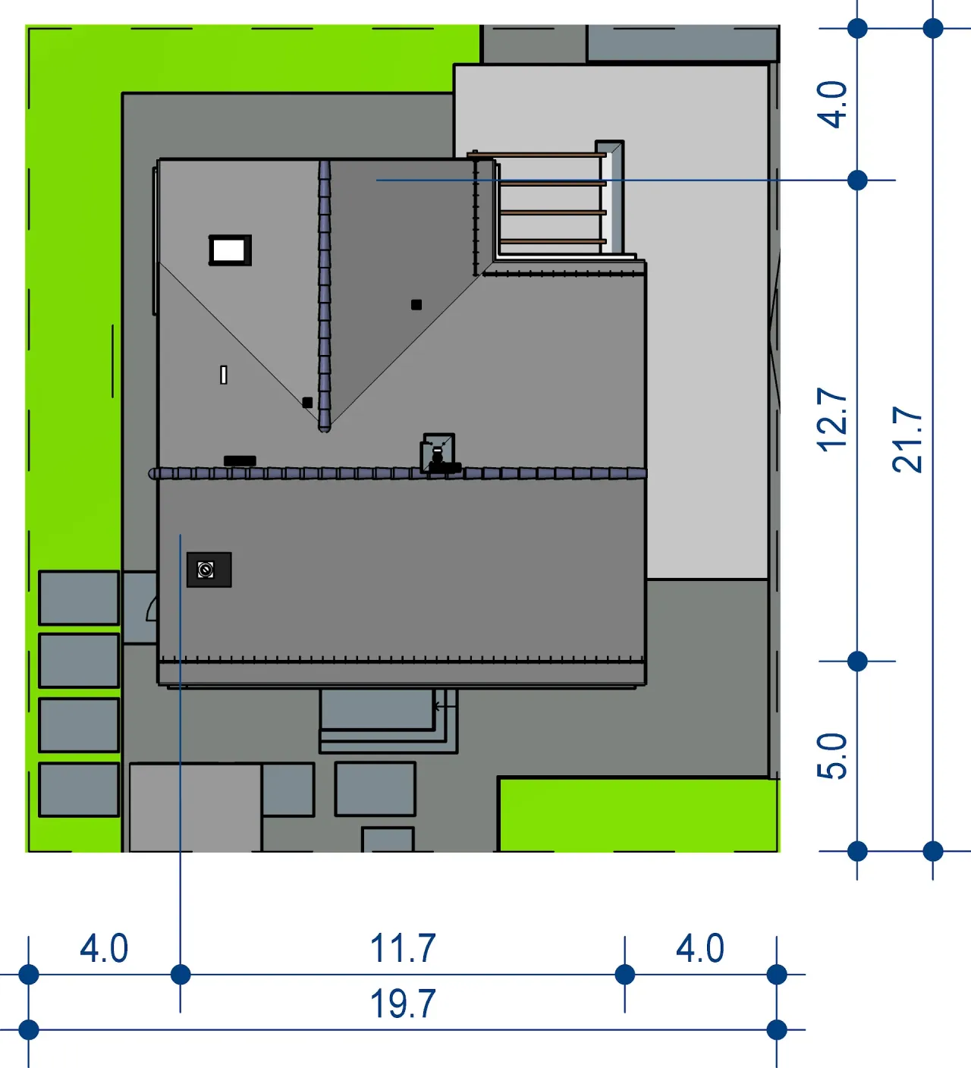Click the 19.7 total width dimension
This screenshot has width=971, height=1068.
[403, 1004]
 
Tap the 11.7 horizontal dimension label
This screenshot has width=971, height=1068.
[403, 948]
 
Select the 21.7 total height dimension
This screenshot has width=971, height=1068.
[907, 439]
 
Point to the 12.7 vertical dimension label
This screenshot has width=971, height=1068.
[832, 420]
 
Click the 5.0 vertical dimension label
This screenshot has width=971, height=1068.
[832, 756]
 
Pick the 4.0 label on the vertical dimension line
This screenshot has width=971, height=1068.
[832, 105]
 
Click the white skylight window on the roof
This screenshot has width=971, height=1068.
[230, 250]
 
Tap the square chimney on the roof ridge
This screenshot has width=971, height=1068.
[438, 453]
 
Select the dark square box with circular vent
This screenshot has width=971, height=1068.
[209, 570]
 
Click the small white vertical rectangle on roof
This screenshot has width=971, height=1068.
[224, 375]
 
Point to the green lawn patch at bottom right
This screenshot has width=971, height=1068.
[638, 815]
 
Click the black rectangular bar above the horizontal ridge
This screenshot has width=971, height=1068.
[240, 460]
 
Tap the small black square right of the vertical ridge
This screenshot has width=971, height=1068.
[416, 304]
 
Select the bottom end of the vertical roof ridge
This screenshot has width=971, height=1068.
[325, 429]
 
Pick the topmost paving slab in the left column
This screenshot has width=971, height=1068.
[79, 598]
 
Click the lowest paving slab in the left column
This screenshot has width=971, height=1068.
[79, 790]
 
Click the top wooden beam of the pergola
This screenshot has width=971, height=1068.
[537, 155]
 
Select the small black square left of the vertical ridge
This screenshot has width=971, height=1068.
[307, 403]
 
